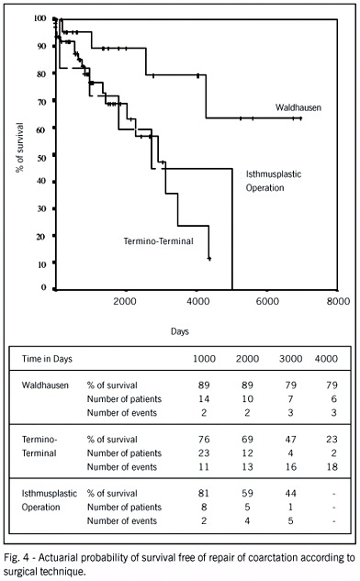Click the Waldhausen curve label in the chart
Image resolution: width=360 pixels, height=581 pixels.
coord(298,107)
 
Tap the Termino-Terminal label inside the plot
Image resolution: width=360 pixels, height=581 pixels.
coord(159,241)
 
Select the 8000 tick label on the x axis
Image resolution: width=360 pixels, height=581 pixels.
coord(338,302)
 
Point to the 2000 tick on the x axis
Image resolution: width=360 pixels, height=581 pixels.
coord(125,302)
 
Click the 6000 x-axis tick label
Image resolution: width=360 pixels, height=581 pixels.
coord(267,302)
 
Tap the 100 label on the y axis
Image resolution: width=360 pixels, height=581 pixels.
coord(40,18)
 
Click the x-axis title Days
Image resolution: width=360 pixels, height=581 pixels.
coord(180,331)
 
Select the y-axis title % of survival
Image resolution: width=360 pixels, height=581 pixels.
coord(20,148)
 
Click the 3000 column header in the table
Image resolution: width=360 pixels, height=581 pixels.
coord(291,359)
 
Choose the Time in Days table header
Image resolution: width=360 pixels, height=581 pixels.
coord(47,359)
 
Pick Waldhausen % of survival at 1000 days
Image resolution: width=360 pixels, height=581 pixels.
coord(204,385)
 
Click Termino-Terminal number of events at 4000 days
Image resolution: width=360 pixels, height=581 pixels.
coord(332,467)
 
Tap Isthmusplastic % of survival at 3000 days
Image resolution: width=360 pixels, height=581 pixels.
coord(291,494)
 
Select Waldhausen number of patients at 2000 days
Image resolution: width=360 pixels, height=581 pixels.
coord(247,399)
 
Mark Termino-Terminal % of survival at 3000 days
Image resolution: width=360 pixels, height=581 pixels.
coord(291,440)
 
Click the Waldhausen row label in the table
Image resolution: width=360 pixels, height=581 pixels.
coord(45,385)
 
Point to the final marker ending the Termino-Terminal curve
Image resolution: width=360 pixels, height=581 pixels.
coord(209,258)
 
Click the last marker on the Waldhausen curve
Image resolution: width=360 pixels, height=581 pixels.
coord(300,118)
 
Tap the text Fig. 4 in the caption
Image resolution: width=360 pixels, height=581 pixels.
coord(16,558)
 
